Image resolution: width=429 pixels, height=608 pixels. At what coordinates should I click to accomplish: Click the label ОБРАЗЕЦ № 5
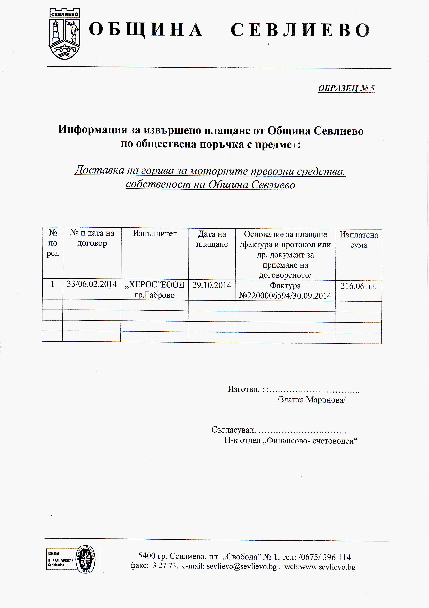coord(346,88)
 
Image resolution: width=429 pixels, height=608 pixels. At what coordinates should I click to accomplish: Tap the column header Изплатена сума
coord(359,240)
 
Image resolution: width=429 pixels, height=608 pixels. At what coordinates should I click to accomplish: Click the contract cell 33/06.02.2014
coord(92,284)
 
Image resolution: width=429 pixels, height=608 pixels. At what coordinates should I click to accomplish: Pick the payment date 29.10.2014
coord(212,285)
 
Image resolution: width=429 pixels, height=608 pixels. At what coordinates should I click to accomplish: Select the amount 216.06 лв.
coord(358,286)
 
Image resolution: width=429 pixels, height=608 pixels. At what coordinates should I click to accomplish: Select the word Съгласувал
coord(234,430)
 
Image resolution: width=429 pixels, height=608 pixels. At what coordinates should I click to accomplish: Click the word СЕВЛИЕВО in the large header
coord(300,30)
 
